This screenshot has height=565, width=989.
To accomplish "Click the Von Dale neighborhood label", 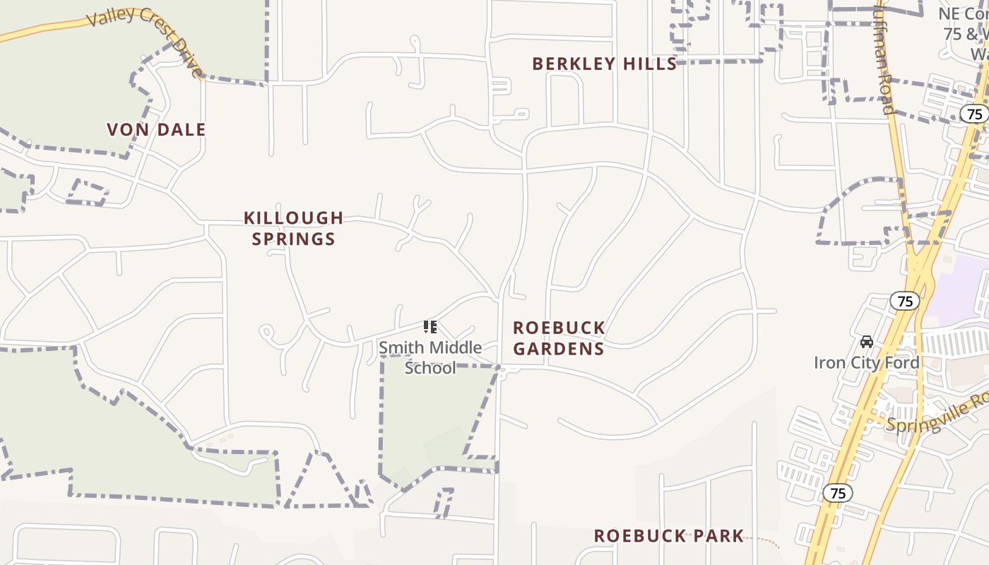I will [x=156, y=130].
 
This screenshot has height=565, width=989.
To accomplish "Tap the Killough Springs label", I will [x=293, y=228].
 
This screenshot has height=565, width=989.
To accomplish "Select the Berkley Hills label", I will [x=605, y=64].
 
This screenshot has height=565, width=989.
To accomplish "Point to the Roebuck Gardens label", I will [x=559, y=338].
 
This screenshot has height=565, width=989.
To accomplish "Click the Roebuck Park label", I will [x=668, y=536].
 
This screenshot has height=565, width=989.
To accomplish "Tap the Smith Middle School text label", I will [x=430, y=357].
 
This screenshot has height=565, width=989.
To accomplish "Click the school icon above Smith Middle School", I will [x=430, y=327].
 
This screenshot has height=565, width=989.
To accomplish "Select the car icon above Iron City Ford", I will [x=866, y=342].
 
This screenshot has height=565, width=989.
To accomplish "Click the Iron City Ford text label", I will [x=867, y=363].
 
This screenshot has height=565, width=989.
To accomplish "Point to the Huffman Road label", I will [x=884, y=60].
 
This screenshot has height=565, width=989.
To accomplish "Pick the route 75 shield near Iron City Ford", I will [x=904, y=302].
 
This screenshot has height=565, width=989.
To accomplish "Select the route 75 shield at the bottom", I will [x=838, y=493].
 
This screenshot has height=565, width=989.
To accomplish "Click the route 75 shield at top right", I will [x=975, y=114].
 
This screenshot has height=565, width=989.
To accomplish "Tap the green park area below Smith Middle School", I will [x=431, y=417].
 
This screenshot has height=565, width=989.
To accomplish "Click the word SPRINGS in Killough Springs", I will [x=293, y=239].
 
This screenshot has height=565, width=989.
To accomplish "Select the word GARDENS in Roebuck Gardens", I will [x=559, y=349].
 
